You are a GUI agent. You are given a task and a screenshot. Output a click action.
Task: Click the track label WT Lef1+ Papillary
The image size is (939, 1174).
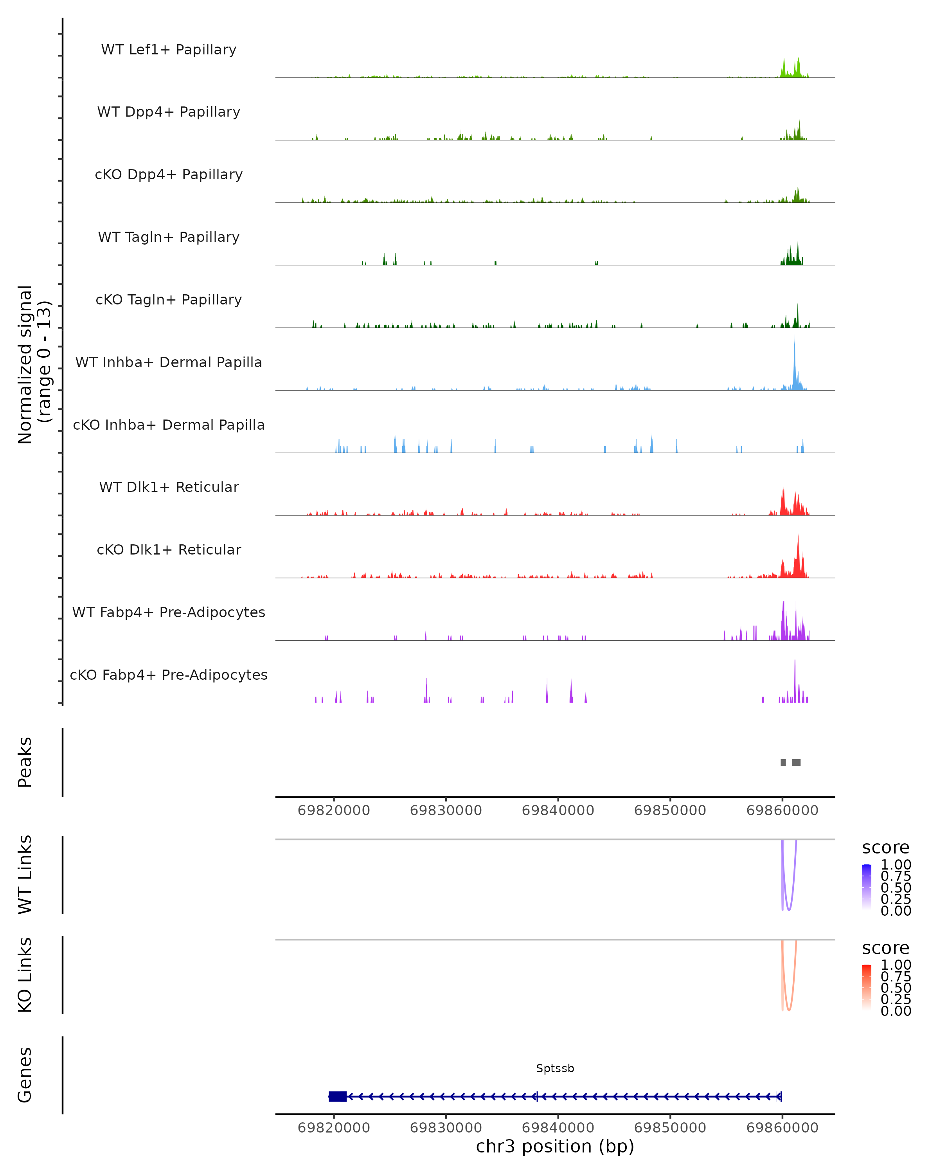coord(169,50)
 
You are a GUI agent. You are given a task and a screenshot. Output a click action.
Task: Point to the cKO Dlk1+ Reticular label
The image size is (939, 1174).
coord(169,549)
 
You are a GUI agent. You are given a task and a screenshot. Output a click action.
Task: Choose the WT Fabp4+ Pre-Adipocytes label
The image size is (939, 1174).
coord(169,612)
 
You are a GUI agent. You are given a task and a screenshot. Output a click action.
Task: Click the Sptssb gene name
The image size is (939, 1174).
coord(555,1068)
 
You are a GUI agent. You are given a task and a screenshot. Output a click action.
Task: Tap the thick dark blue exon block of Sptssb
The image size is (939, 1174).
coord(338,1097)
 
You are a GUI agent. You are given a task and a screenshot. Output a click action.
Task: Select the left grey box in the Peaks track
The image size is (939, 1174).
coord(783,762)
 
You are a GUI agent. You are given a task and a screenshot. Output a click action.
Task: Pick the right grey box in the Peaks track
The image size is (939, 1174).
coord(796,762)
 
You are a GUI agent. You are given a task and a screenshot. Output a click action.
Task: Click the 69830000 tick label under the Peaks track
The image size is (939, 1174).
coord(446,810)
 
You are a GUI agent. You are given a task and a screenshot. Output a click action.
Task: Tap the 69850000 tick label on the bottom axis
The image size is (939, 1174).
coord(670,1128)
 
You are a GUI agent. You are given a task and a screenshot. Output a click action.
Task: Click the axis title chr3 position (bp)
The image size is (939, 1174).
coord(555,1147)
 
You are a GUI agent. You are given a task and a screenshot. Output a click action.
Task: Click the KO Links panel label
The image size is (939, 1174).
coord(25,975)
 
